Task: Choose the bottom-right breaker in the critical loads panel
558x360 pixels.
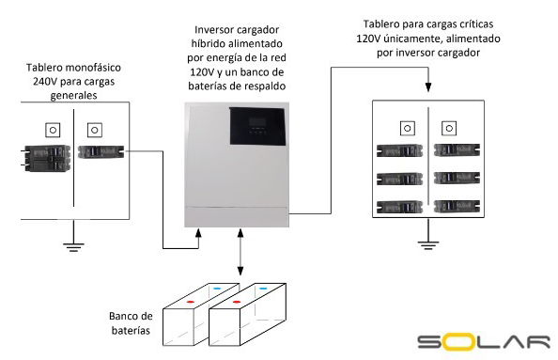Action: [454, 207]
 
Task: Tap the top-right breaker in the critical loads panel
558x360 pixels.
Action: [454, 150]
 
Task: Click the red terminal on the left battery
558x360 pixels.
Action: [191, 303]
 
